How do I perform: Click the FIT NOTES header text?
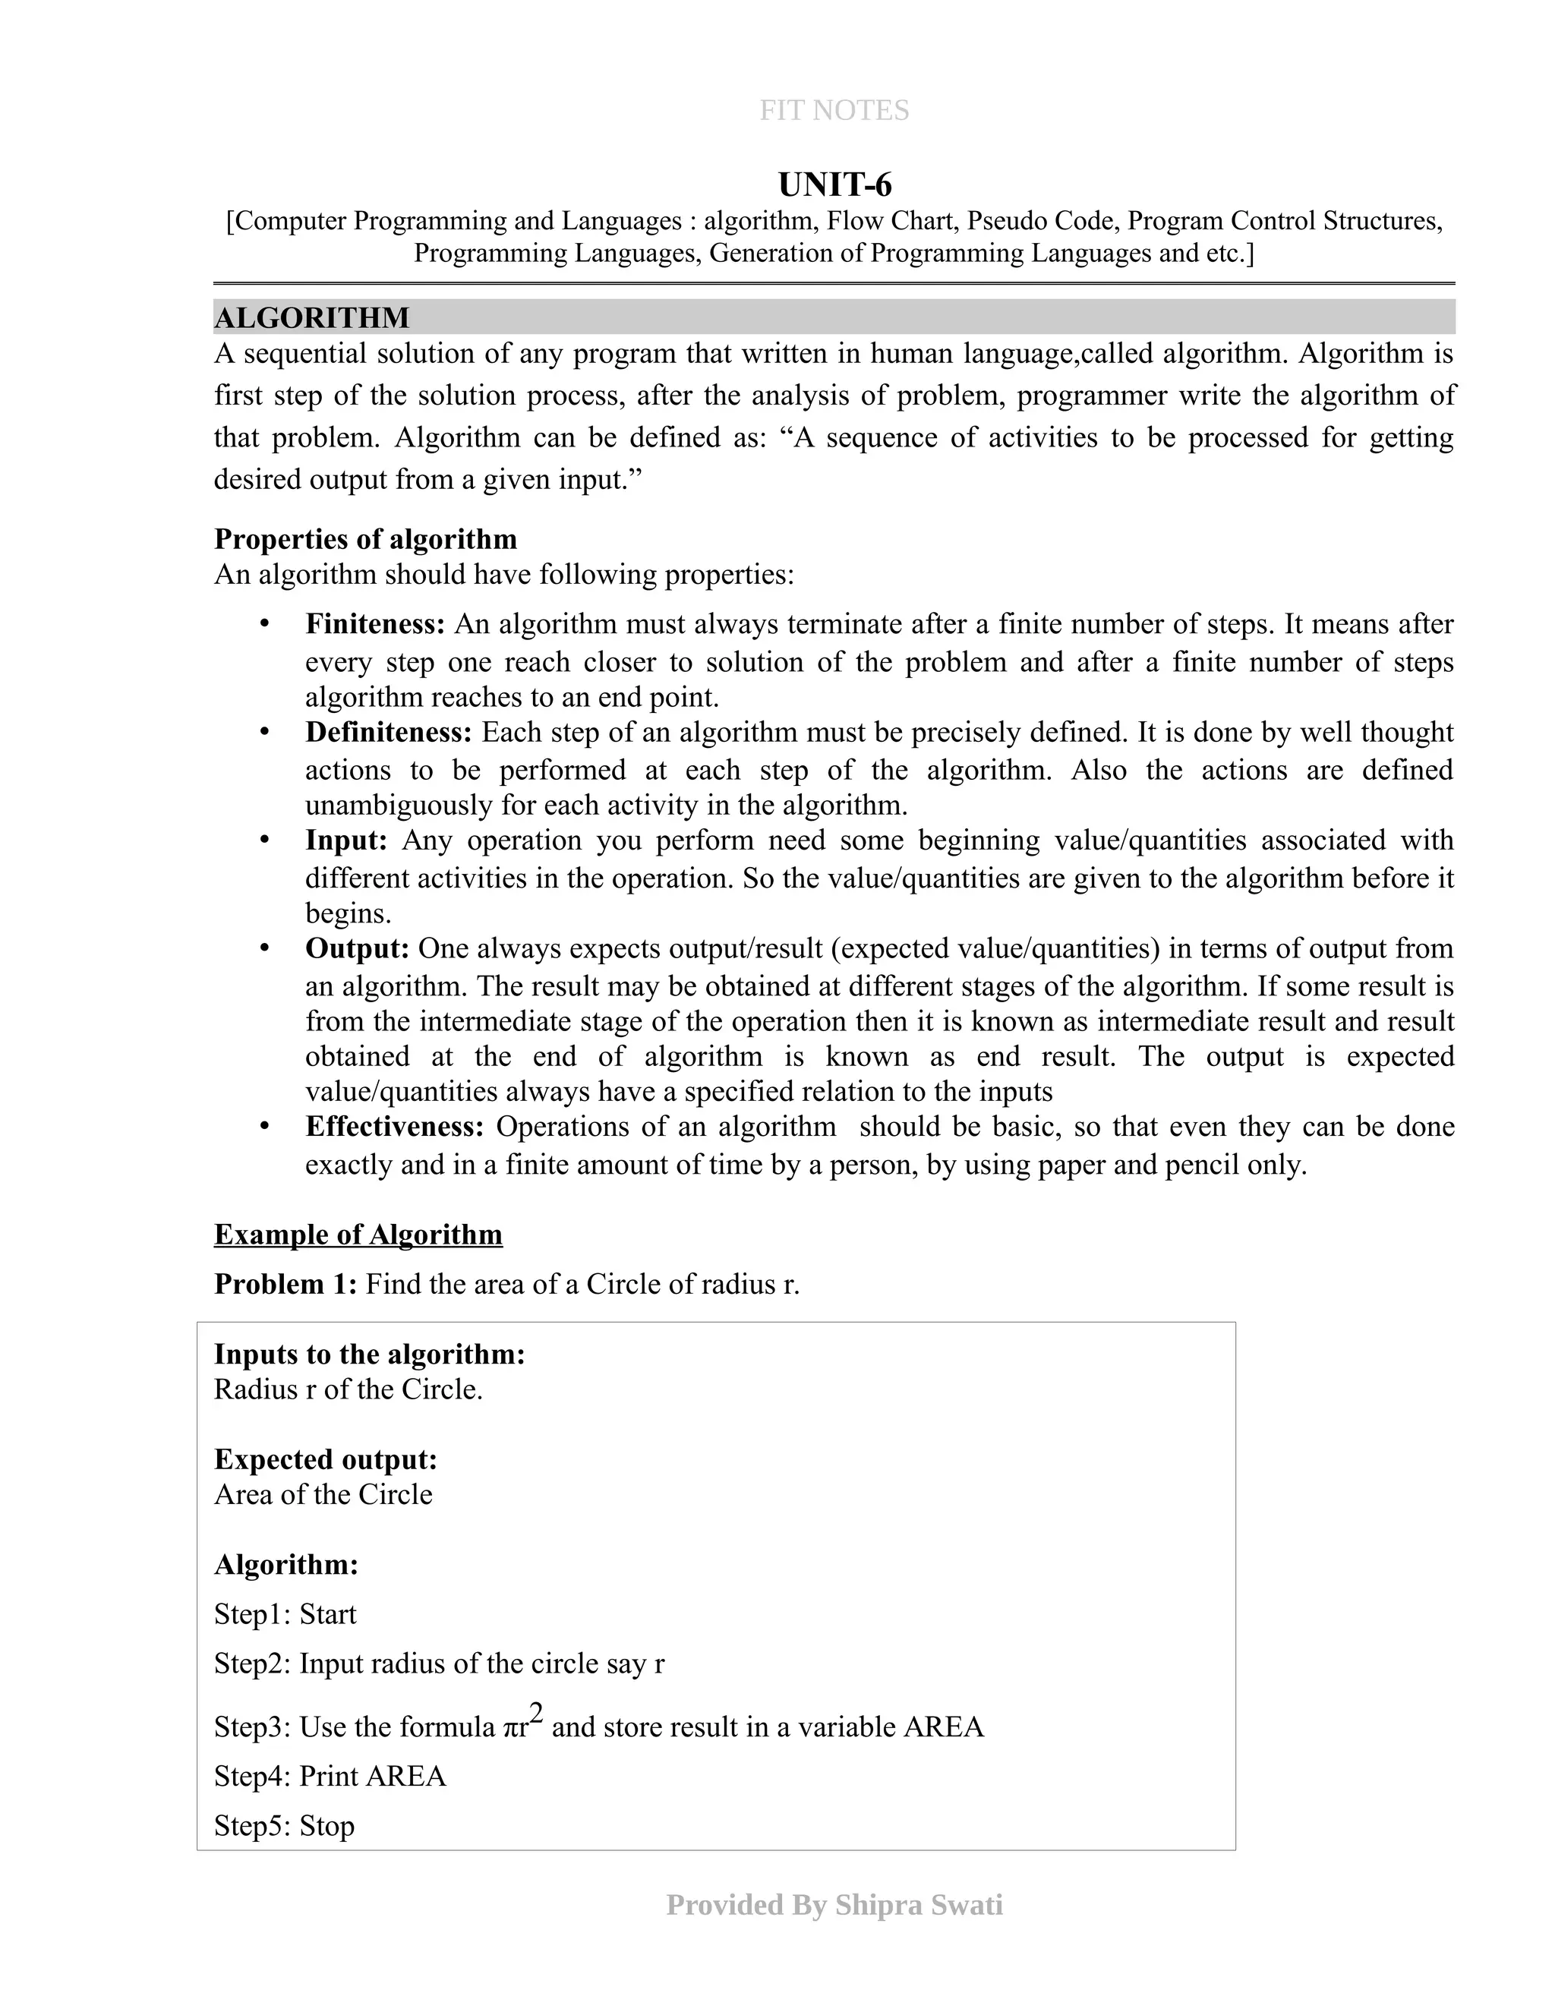(x=834, y=111)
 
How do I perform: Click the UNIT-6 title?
(x=834, y=185)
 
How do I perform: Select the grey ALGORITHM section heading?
(x=312, y=318)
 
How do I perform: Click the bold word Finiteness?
(x=376, y=625)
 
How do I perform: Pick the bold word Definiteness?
(x=389, y=733)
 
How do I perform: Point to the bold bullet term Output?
(x=358, y=948)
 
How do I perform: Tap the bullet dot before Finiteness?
(x=265, y=625)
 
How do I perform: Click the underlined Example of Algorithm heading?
(x=358, y=1235)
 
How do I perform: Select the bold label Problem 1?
(x=285, y=1284)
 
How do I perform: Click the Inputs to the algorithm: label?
(x=370, y=1354)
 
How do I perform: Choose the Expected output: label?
(x=326, y=1459)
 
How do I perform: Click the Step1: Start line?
(x=285, y=1614)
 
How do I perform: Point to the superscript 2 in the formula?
(x=536, y=1714)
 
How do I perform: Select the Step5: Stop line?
(x=285, y=1826)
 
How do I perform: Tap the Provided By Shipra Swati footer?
(x=834, y=1905)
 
